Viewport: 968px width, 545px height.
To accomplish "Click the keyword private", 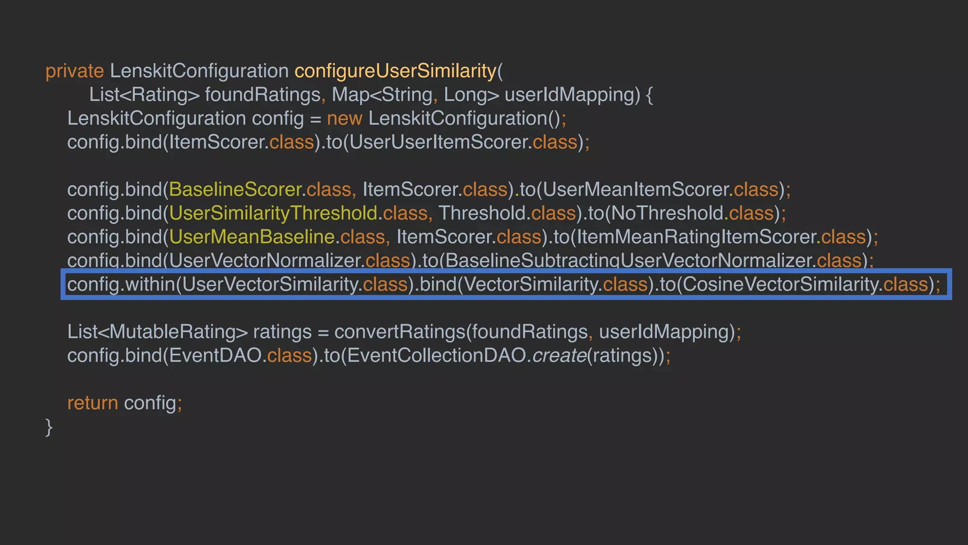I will pyautogui.click(x=74, y=71).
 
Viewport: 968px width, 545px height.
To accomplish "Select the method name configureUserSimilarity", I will pyautogui.click(x=395, y=71).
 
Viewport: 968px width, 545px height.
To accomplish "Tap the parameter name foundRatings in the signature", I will pyautogui.click(x=263, y=95).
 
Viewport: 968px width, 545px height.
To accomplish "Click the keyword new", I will pyautogui.click(x=344, y=119).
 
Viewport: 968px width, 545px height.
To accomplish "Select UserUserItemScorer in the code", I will pyautogui.click(x=439, y=142).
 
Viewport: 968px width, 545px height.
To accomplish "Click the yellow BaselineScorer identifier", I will pyautogui.click(x=235, y=190).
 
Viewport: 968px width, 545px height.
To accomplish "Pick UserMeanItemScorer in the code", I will pyautogui.click(x=635, y=190).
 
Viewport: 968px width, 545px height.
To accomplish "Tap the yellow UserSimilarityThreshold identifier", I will pyautogui.click(x=273, y=213).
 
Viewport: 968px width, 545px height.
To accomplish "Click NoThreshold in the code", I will pyautogui.click(x=667, y=213).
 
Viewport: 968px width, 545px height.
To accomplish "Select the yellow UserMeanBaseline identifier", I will pyautogui.click(x=251, y=237).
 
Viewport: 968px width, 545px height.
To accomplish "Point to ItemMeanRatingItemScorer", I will pyautogui.click(x=695, y=237).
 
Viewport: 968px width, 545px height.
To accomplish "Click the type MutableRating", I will pyautogui.click(x=172, y=332).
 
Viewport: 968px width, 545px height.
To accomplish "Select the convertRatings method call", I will pyautogui.click(x=400, y=332).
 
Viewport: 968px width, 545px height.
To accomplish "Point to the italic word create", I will pyautogui.click(x=559, y=356).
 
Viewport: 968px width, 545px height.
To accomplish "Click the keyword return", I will pyautogui.click(x=93, y=403).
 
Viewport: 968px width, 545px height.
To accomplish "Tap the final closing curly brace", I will pyautogui.click(x=49, y=427).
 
